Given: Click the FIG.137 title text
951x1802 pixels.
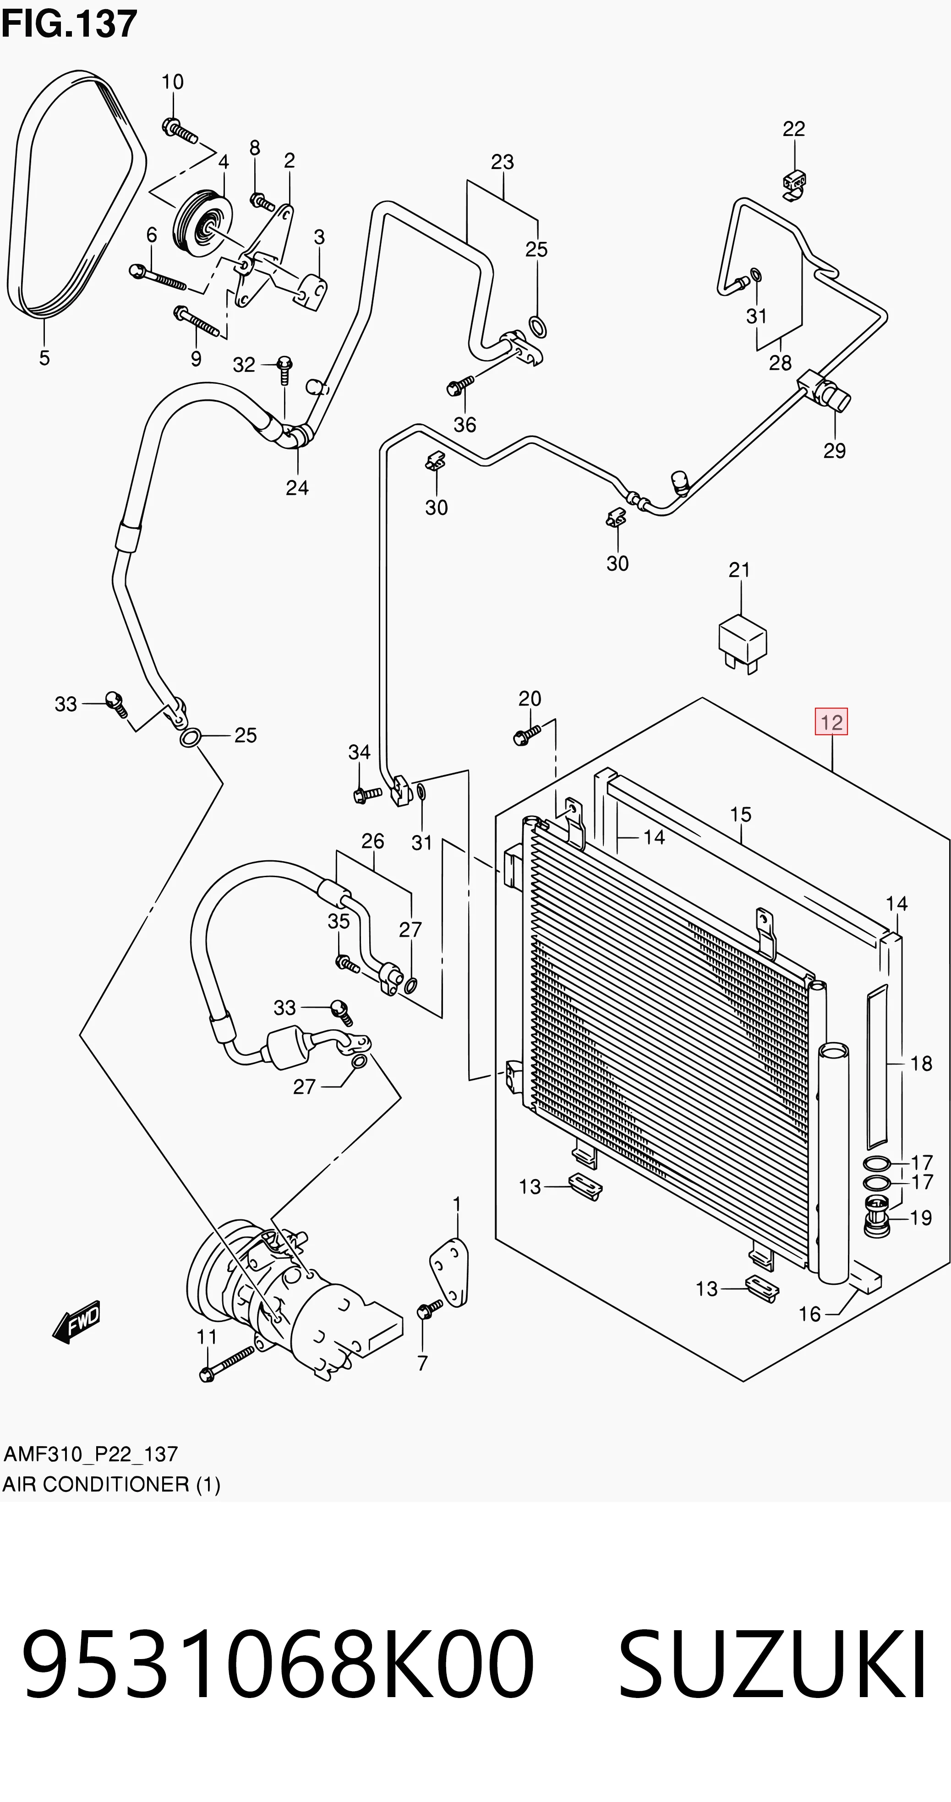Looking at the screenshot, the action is pos(69,24).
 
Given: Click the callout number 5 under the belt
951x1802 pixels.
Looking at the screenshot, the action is pos(44,358).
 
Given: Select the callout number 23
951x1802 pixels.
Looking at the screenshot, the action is pos(503,162).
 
